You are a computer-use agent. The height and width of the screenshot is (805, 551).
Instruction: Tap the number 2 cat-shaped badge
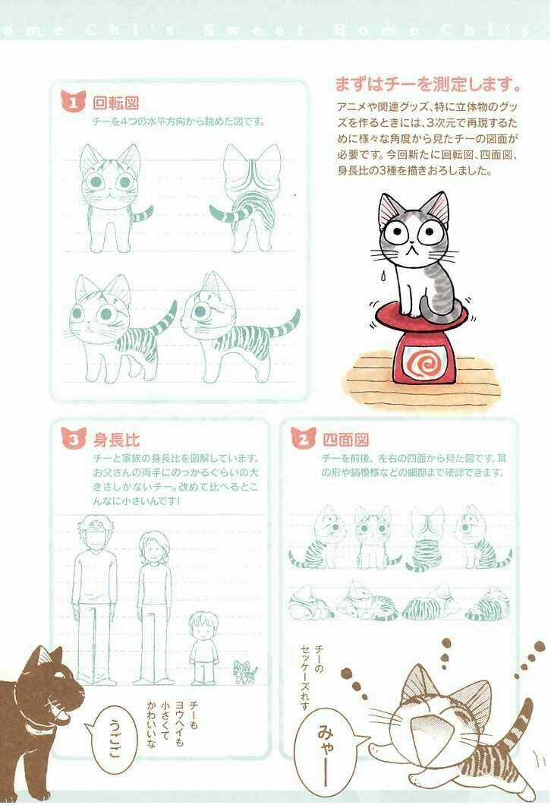click(301, 438)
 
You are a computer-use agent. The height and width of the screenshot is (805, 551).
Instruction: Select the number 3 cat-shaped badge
click(72, 438)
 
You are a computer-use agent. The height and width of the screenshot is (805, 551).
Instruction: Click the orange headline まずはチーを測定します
click(427, 82)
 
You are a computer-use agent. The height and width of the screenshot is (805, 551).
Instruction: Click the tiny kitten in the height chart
click(244, 671)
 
